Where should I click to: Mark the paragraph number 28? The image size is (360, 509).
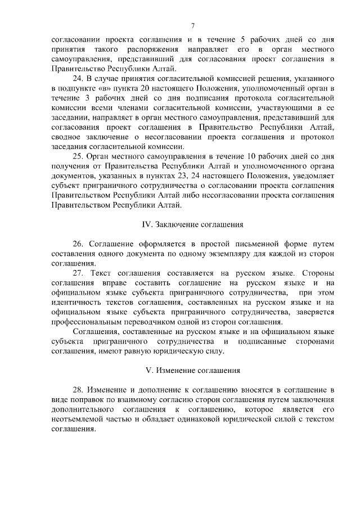[x=78, y=389]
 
